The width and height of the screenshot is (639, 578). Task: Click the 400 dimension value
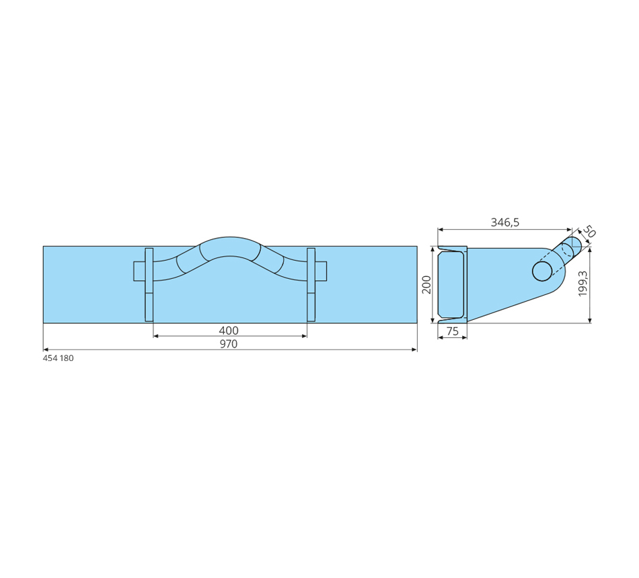(x=229, y=330)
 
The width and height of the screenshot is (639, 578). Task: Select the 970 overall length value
(x=229, y=344)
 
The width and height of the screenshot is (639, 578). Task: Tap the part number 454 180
(x=59, y=358)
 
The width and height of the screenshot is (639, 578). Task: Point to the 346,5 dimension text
(x=505, y=222)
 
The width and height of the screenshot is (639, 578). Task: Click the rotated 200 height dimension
(x=426, y=284)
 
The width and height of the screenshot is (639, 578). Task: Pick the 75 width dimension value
(x=453, y=331)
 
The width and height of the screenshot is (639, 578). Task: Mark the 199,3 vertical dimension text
(x=582, y=284)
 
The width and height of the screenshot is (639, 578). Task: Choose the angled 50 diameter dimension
(x=589, y=231)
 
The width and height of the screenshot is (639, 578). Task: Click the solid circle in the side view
(x=542, y=271)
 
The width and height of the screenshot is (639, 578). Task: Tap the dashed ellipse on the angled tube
(x=567, y=251)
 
